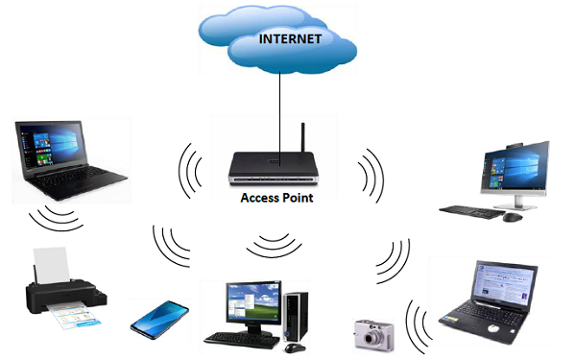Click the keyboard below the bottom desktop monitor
pyautogui.click(x=241, y=339)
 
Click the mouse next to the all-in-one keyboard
pyautogui.click(x=514, y=217)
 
